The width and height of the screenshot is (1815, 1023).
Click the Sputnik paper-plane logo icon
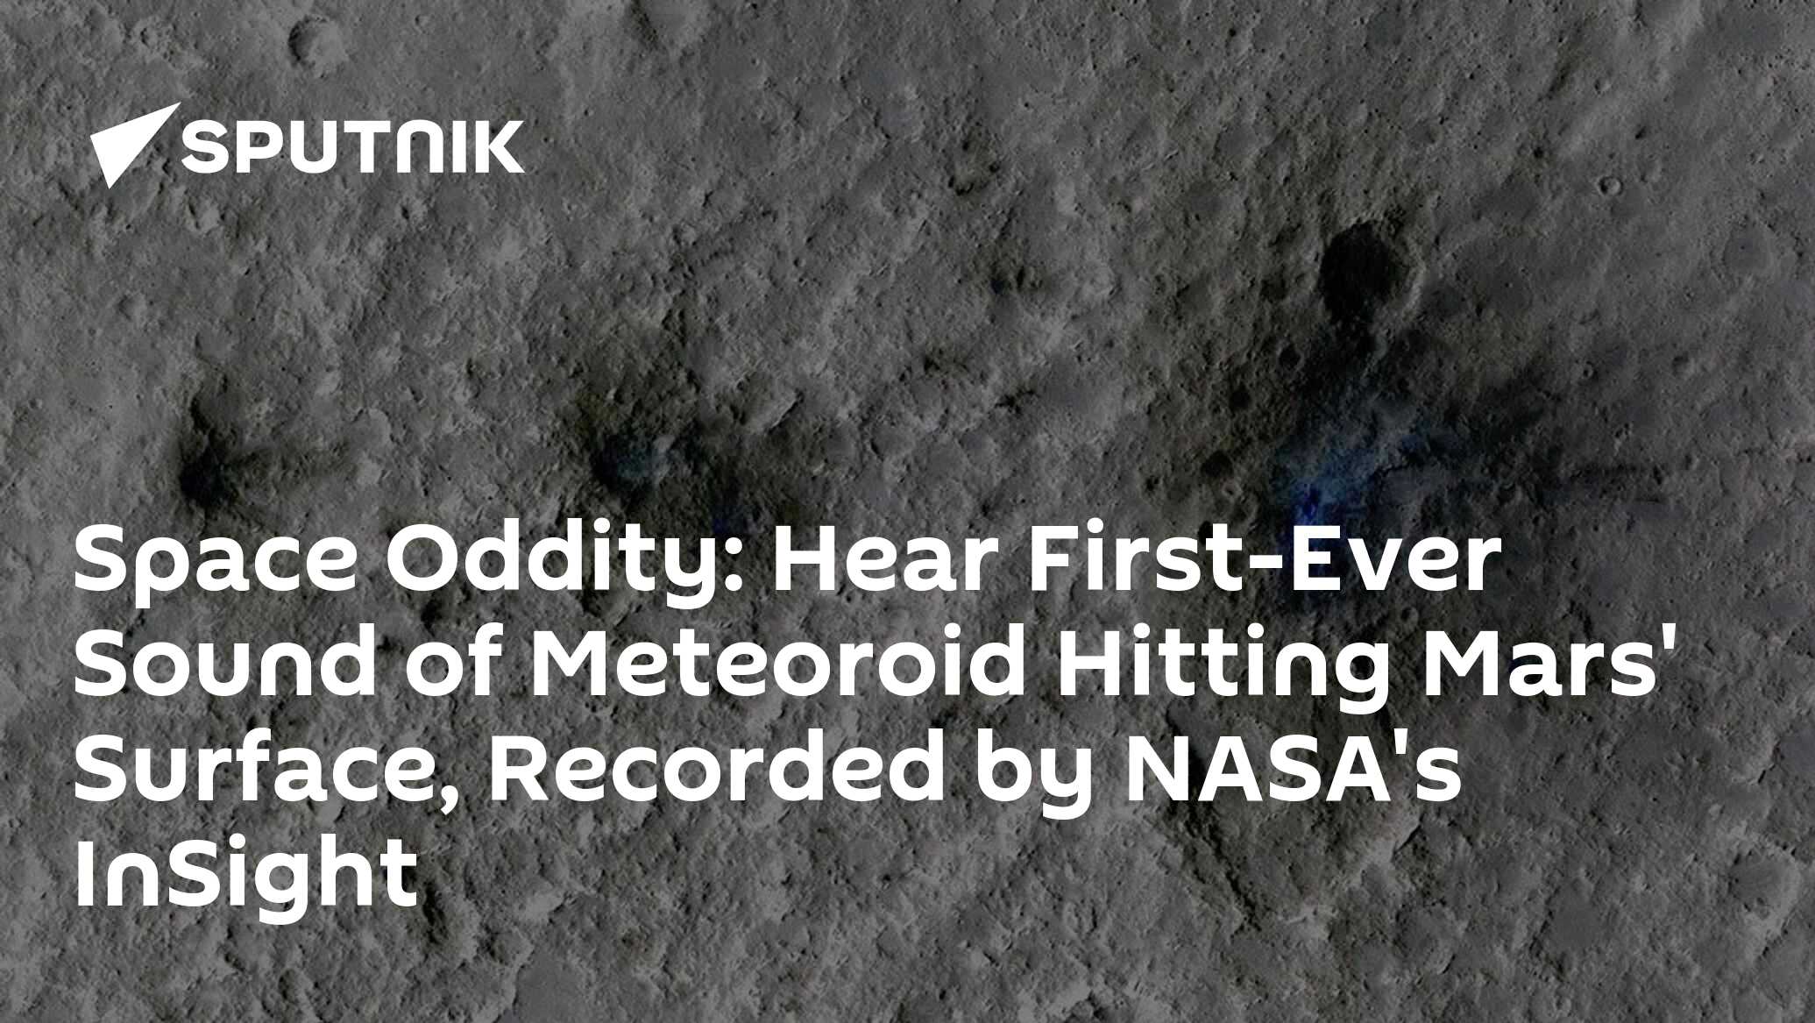131,146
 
